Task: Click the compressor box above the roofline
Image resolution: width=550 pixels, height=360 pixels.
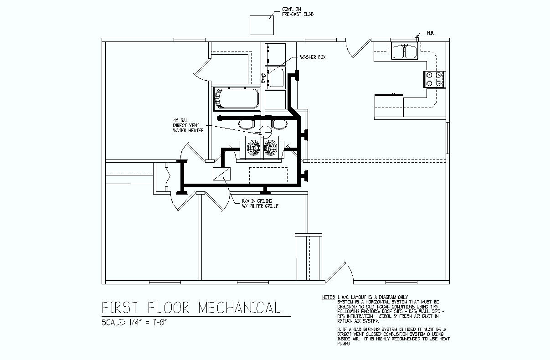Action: tap(262, 25)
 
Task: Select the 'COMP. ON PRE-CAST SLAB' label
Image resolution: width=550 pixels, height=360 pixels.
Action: tap(298, 12)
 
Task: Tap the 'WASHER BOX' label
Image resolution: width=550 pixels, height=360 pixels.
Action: tap(313, 57)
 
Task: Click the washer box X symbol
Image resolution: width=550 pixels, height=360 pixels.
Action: tap(263, 77)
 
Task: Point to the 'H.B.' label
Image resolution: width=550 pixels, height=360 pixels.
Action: tap(431, 33)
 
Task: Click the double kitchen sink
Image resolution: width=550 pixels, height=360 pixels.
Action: tap(405, 51)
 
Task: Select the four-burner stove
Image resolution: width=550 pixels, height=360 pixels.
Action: tap(434, 79)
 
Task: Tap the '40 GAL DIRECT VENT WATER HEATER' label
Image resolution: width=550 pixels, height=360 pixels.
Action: tap(188, 125)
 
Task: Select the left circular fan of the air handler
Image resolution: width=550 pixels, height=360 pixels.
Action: tap(254, 147)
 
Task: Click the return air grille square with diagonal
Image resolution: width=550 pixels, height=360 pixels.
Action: tap(222, 175)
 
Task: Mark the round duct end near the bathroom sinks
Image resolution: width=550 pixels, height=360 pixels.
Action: tap(220, 118)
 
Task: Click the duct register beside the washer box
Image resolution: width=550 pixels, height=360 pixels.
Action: tap(296, 75)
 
